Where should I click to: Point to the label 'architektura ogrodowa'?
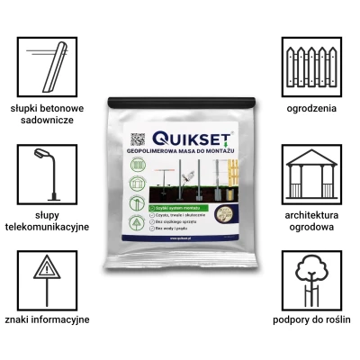pos(311,222)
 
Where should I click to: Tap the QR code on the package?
pos(138,140)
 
